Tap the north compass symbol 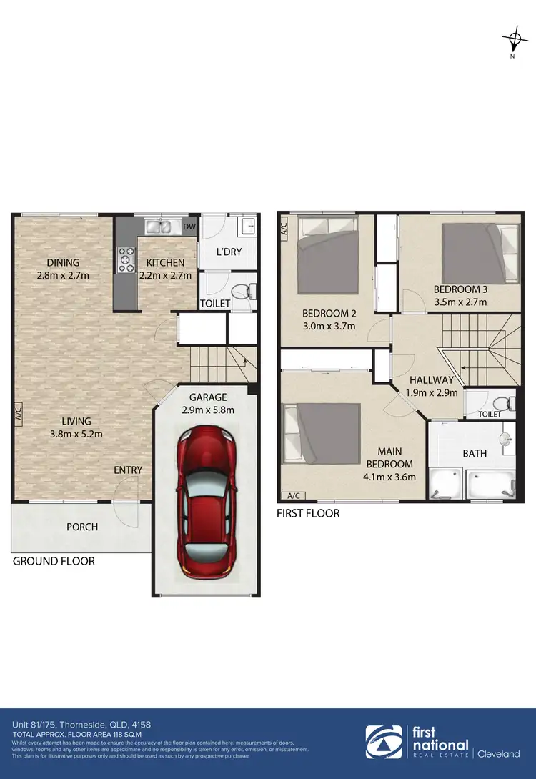coord(512,39)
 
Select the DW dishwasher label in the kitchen coord(189,227)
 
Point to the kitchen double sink coord(160,227)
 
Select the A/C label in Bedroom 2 coord(284,228)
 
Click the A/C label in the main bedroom coord(292,495)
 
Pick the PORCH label coord(81,527)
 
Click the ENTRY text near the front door coord(128,470)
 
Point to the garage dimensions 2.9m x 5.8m coord(207,410)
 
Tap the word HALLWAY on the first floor coord(432,380)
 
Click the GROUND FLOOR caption coord(54,562)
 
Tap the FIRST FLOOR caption coord(308,513)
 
